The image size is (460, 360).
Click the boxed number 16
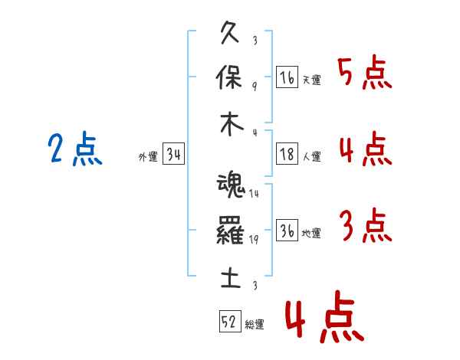287,77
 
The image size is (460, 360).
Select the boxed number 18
287,153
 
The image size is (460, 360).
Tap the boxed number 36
287,231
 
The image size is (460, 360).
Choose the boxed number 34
173,155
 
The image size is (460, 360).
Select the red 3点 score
365,226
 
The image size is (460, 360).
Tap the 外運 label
148,157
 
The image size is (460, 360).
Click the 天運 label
311,80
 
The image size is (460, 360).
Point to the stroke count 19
253,240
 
